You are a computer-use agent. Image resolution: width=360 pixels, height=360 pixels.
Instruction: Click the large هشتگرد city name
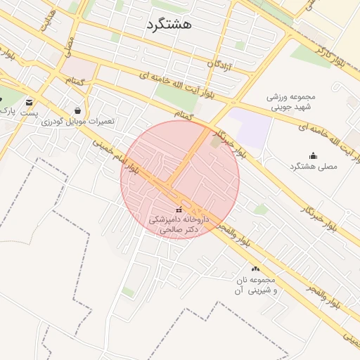(169, 25)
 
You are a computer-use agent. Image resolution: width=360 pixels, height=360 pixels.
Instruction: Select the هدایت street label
(48, 21)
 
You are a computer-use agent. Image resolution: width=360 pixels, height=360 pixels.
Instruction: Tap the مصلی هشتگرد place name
(314, 167)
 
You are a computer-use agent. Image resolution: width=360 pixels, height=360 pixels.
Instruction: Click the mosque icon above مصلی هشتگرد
(313, 155)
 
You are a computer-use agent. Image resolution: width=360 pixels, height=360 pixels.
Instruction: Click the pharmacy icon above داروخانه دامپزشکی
(178, 210)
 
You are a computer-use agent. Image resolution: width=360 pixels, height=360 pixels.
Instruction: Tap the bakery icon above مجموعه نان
(255, 269)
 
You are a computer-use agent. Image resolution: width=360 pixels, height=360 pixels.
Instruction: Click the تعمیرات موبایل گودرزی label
(77, 122)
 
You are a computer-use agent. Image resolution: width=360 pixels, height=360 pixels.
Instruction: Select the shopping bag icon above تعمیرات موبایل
(77, 110)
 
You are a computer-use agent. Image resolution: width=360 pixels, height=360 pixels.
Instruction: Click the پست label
(29, 113)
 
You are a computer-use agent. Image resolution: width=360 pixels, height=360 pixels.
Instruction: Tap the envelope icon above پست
(29, 103)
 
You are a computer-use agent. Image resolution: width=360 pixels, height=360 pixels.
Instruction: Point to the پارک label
(6, 110)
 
